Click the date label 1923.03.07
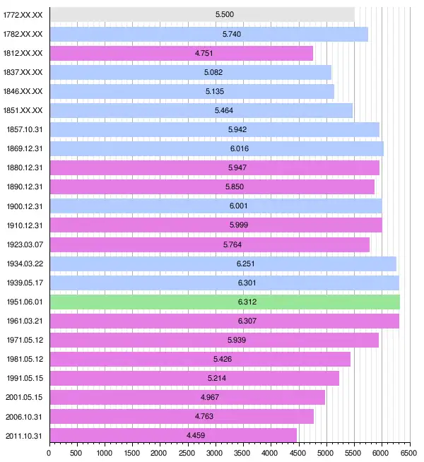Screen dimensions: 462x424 point(23,244)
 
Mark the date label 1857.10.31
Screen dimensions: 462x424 point(23,129)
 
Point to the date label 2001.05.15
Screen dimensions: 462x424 point(23,397)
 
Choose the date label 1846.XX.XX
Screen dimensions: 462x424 point(23,91)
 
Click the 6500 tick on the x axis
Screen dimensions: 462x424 point(408,452)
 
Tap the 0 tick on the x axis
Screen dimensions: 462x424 point(49,452)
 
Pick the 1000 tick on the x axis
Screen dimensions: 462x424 point(104,452)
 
